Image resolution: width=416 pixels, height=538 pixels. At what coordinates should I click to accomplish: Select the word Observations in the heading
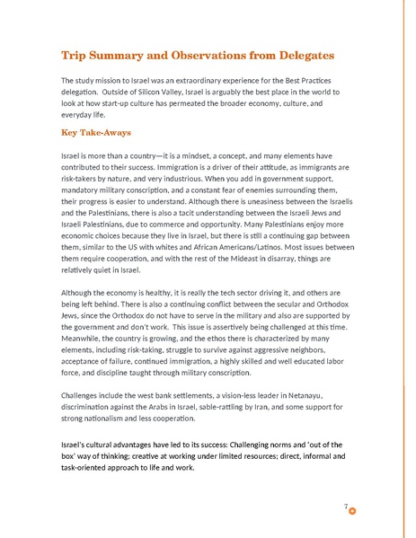pyautogui.click(x=214, y=57)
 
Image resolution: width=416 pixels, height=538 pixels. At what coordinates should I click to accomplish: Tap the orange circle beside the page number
pyautogui.click(x=352, y=510)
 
